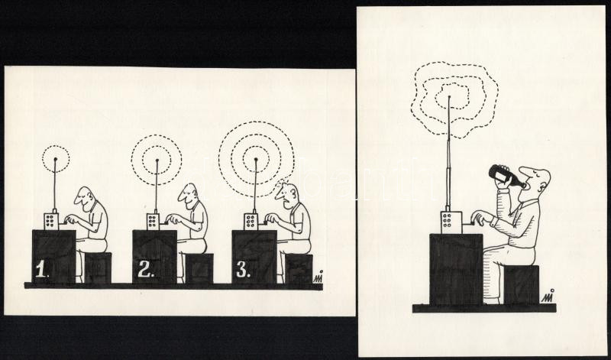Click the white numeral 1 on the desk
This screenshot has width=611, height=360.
click(x=40, y=269)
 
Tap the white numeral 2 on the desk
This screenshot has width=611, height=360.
click(x=145, y=269)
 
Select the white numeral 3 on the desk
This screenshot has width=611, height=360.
click(x=243, y=270)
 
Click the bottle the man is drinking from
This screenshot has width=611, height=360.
click(x=506, y=177)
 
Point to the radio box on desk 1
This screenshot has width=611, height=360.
click(x=51, y=222)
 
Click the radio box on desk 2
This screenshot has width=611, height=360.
click(x=154, y=222)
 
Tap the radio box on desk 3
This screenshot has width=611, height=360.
click(x=251, y=222)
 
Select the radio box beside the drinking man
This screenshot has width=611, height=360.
click(x=451, y=222)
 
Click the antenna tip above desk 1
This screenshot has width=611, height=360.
click(x=55, y=159)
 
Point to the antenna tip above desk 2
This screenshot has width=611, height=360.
click(x=157, y=160)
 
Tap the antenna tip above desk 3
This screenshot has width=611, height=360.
click(x=256, y=159)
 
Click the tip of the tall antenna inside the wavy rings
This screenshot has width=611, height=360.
click(x=449, y=96)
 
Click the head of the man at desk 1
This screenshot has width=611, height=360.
click(x=86, y=198)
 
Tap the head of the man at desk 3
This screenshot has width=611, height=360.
click(x=288, y=196)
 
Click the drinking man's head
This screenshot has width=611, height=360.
click(x=535, y=180)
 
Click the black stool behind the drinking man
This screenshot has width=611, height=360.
click(x=522, y=285)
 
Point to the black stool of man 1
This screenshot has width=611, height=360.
click(x=98, y=268)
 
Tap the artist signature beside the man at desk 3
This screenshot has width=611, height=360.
click(x=318, y=277)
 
